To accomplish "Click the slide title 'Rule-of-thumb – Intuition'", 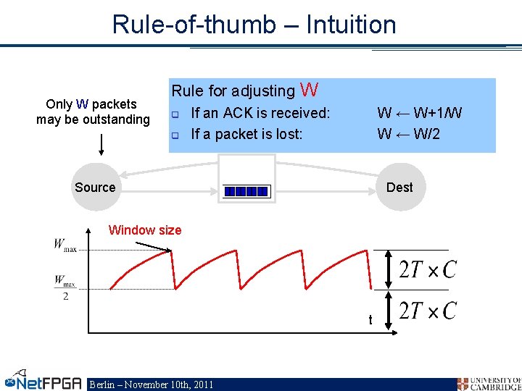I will pos(254,25).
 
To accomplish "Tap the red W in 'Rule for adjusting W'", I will pos(309,90).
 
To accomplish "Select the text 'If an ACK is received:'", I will pos(260,113).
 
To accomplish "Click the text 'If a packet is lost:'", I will pos(246,134).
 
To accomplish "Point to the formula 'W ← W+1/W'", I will pos(419,113).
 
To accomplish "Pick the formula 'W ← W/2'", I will pos(408,134).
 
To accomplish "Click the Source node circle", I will pos(95,188).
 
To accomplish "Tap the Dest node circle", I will pos(399,188).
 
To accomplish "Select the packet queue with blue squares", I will pos(246,190).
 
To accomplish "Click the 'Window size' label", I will pos(144,230).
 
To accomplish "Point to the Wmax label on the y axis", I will pos(65,245).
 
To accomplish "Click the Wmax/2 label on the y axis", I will pos(65,287).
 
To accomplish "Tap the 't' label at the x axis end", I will pos(370,319).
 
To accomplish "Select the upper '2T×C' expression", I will pos(428,269).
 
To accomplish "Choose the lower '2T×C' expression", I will pos(428,311).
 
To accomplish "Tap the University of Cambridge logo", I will pos(489,383).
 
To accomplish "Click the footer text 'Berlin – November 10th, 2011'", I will pos(151,384).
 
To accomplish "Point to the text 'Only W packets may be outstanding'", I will pos(93,112).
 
